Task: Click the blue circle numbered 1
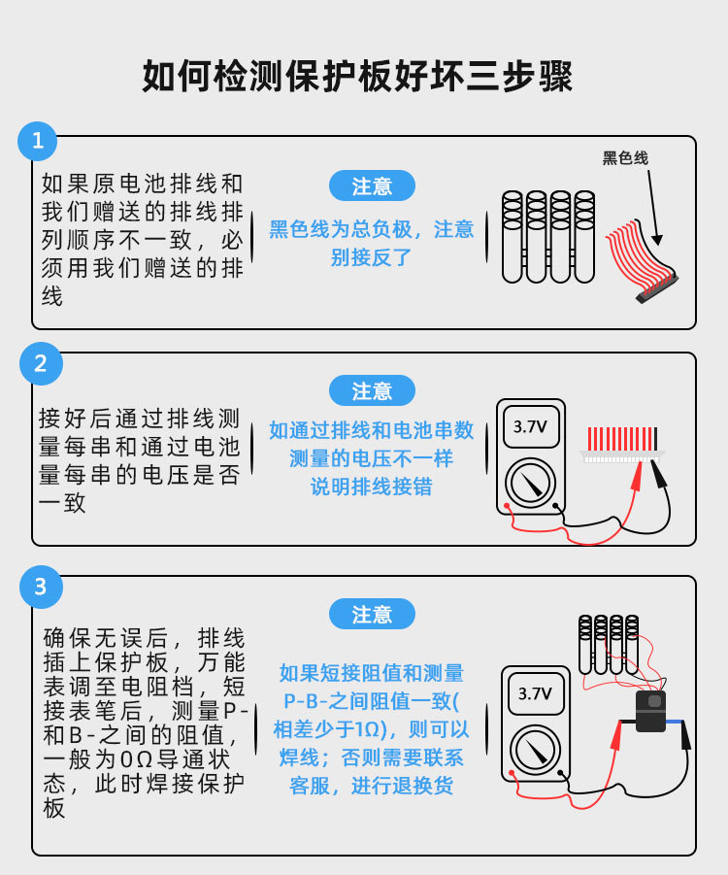pyautogui.click(x=38, y=141)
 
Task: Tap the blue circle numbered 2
pyautogui.click(x=41, y=363)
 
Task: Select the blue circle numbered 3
pyautogui.click(x=41, y=587)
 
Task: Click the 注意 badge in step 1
pyautogui.click(x=372, y=185)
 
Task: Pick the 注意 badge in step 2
pyautogui.click(x=372, y=390)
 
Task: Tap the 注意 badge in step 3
pyautogui.click(x=372, y=614)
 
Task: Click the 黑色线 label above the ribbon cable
pyautogui.click(x=625, y=158)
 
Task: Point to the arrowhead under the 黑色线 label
pyautogui.click(x=658, y=240)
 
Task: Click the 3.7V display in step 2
pyautogui.click(x=531, y=427)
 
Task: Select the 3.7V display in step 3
pyautogui.click(x=535, y=693)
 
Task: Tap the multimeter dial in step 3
pyautogui.click(x=535, y=750)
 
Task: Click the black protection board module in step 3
pyautogui.click(x=651, y=711)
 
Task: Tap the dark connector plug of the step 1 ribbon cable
pyautogui.click(x=657, y=289)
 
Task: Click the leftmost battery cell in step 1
pyautogui.click(x=513, y=237)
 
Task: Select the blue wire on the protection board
pyautogui.click(x=674, y=722)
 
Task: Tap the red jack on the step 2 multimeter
pyautogui.click(x=507, y=506)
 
